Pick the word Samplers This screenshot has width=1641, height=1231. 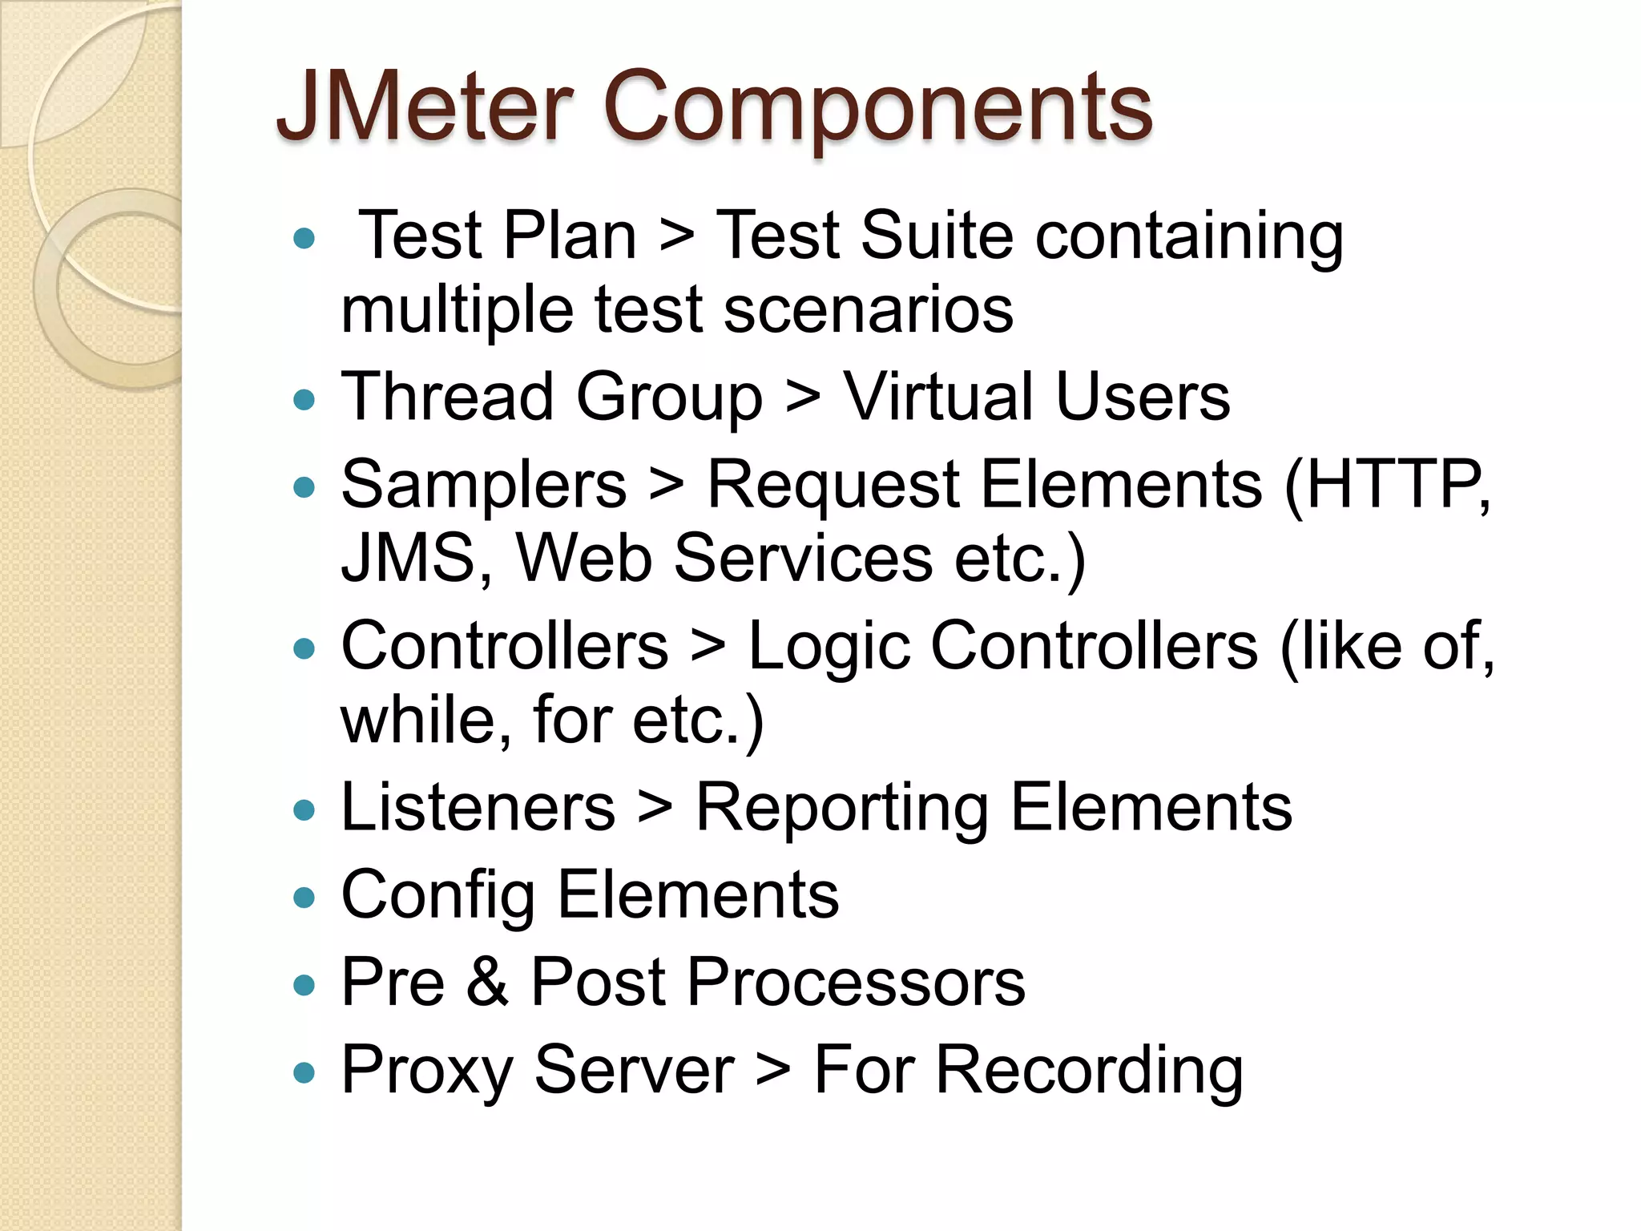coord(483,486)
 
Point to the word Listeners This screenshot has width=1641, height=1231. coord(478,807)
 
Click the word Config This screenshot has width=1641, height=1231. coord(437,896)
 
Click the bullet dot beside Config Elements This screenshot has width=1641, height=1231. coord(304,898)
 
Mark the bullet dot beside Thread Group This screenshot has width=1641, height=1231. coord(304,399)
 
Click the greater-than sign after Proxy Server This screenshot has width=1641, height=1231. coord(773,1072)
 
